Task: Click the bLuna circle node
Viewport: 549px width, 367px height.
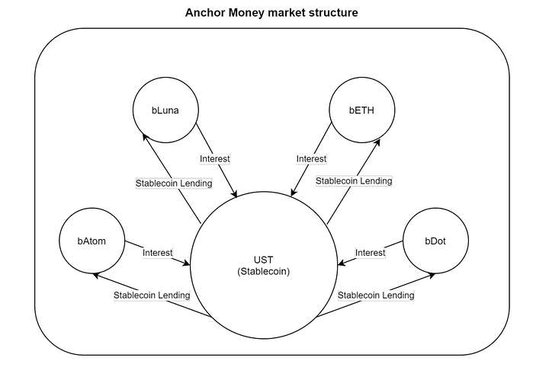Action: click(x=165, y=110)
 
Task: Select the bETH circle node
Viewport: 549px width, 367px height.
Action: click(x=361, y=110)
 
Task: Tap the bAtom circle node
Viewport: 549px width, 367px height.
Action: click(x=91, y=241)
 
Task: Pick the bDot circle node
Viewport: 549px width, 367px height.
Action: click(x=435, y=241)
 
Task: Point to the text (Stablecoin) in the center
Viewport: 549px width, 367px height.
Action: click(x=263, y=271)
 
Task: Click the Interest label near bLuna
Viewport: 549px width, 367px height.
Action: click(x=215, y=159)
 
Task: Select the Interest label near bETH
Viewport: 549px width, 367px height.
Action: click(x=311, y=159)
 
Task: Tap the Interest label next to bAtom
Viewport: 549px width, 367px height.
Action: click(x=158, y=253)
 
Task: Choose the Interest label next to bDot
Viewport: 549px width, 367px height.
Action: click(x=371, y=253)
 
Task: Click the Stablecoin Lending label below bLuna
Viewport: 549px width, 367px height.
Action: click(x=174, y=183)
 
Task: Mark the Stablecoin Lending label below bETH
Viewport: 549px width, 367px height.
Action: click(x=354, y=181)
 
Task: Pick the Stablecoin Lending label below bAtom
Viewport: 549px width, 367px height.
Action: click(x=152, y=295)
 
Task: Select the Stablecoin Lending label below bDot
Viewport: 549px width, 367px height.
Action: click(x=376, y=295)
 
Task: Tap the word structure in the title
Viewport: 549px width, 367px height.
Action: click(x=332, y=13)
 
